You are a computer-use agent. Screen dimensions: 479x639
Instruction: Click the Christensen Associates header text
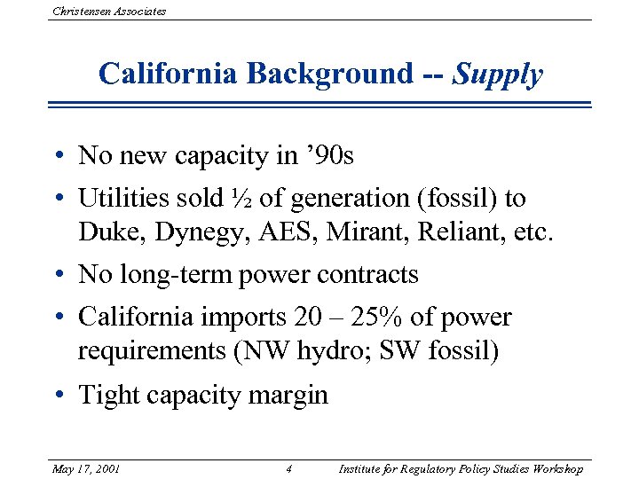point(109,12)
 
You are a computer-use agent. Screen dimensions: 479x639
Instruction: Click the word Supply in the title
point(497,74)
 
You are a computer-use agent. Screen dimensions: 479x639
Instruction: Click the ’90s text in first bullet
point(327,156)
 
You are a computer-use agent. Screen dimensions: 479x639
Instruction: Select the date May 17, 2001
point(86,468)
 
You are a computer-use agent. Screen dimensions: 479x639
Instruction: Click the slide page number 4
point(290,468)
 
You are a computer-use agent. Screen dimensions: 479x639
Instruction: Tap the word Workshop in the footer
point(554,468)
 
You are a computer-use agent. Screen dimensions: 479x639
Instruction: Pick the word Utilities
point(127,199)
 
